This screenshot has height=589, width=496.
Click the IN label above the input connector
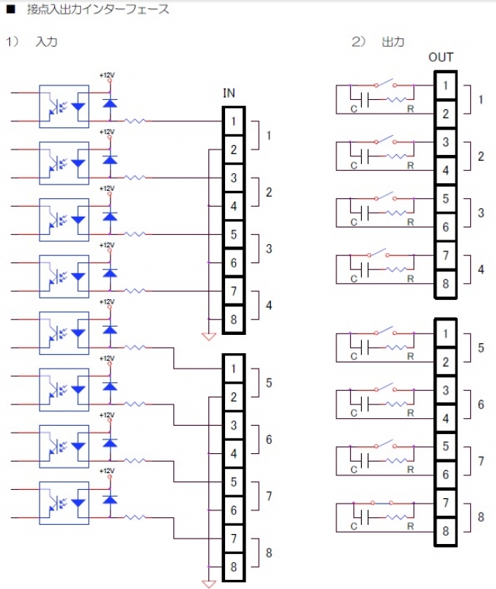229,93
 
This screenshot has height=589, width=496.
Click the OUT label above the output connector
441,57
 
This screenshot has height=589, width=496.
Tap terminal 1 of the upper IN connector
233,121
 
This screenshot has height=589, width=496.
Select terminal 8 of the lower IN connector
233,567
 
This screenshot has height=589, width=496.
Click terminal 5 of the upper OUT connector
444,198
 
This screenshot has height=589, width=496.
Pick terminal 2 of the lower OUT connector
444,362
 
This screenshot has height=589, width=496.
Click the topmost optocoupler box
64,106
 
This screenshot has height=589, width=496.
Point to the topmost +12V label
106,76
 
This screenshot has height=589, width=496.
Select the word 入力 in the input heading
47,41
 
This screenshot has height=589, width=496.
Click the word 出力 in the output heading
392,41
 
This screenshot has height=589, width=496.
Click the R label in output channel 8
411,526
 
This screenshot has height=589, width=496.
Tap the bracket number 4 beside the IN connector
269,305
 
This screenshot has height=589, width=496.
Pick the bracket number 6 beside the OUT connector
481,404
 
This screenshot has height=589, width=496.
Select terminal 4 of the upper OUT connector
444,169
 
